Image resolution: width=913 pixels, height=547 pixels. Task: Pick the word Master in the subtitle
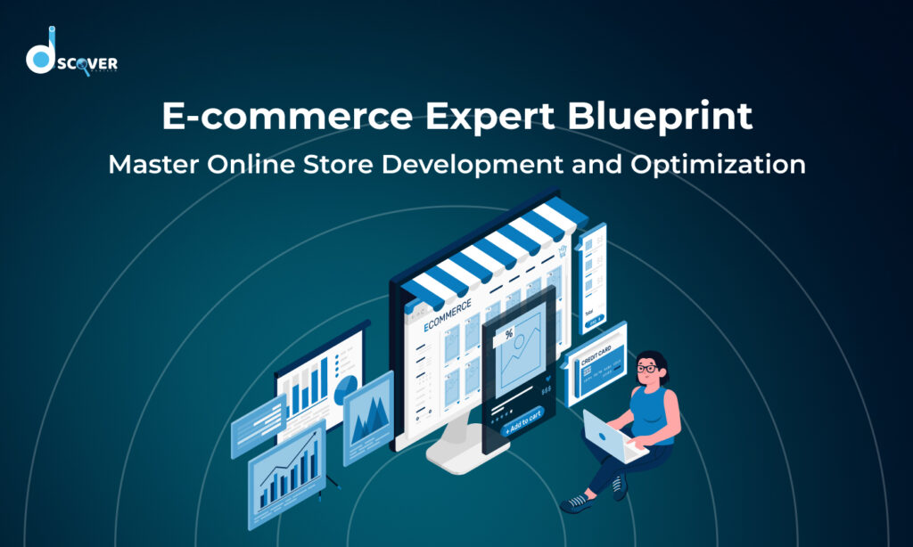coord(149,165)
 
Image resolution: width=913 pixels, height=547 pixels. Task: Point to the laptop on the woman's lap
coord(611,437)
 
